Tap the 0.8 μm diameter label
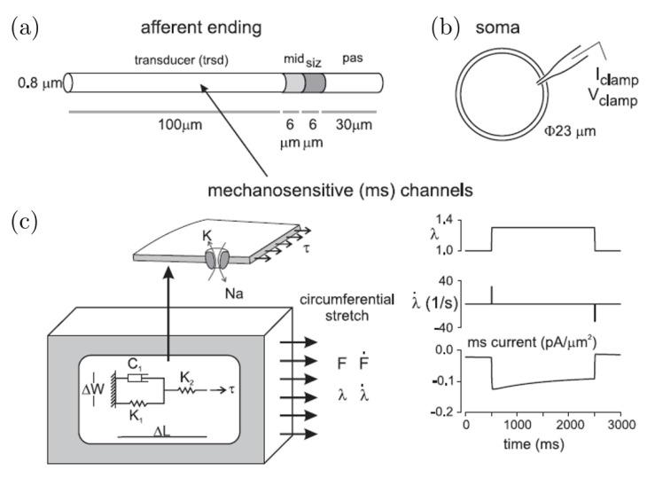tap(37, 88)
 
